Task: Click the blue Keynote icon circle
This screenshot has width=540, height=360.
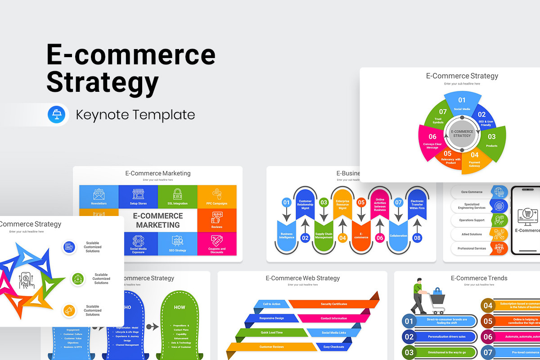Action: pos(56,115)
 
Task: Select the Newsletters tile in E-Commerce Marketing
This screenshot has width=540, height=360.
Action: pos(99,196)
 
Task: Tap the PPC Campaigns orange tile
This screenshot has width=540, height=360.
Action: pos(217,196)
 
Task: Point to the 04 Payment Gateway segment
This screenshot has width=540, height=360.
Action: pos(475,159)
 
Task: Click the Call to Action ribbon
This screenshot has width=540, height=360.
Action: pos(271,304)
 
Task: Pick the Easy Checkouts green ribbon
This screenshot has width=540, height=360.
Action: pos(333,347)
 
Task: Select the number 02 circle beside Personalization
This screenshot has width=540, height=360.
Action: pos(409,337)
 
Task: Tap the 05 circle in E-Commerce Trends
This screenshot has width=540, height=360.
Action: pos(488,321)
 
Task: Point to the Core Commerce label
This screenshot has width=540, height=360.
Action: pos(472,192)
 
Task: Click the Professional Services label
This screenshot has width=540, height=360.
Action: pos(472,248)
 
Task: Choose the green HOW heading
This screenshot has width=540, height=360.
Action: pos(180,307)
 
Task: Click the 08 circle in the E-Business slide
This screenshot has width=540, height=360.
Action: pos(417,238)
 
